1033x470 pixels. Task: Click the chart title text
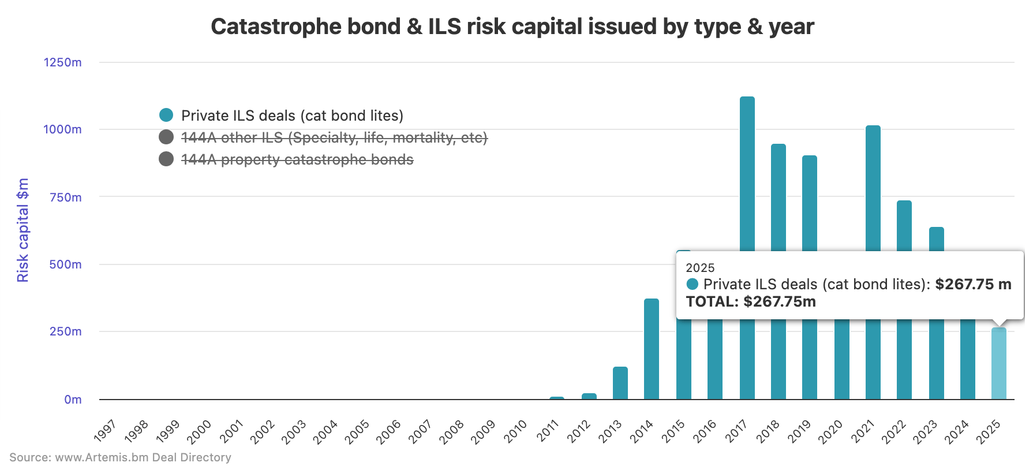coord(512,27)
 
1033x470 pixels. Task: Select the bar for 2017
coord(747,173)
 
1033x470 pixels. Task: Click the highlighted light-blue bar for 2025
coord(998,364)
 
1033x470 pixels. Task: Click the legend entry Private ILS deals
coord(292,115)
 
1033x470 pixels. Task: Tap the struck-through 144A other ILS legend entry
coord(334,137)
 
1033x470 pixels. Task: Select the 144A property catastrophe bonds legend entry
coord(297,159)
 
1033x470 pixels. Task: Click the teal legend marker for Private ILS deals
coord(166,115)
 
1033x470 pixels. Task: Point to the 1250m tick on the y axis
coord(63,62)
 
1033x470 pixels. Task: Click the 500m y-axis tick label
coord(65,264)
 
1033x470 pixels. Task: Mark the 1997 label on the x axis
coord(105,431)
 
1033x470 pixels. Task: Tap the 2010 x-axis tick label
coord(515,431)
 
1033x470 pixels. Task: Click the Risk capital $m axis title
coord(23,230)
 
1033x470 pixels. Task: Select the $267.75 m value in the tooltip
coord(973,284)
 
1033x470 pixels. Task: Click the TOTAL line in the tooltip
coord(750,301)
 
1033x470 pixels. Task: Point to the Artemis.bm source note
coord(120,457)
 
